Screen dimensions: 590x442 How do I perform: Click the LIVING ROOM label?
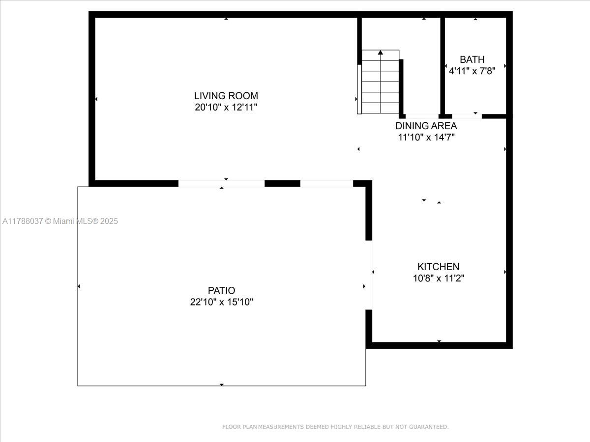226,96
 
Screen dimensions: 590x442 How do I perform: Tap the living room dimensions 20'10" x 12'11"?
226,108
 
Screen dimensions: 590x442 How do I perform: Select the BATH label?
472,59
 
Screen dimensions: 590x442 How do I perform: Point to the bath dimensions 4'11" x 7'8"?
472,71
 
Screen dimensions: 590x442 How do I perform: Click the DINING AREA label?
426,126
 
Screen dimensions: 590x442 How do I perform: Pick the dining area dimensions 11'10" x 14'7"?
426,138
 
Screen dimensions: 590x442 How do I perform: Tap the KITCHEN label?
439,267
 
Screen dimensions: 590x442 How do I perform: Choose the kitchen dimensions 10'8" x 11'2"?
439,278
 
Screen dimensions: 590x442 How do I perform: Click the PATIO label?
221,290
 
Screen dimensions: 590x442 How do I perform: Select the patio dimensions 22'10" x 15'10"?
221,302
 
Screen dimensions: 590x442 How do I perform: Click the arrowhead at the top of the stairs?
381,53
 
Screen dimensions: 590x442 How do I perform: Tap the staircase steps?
381,82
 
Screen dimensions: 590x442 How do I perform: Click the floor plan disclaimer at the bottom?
335,427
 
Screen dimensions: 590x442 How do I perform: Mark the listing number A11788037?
23,221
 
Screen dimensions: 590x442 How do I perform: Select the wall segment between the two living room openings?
282,184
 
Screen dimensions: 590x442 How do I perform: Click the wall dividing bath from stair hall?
442,66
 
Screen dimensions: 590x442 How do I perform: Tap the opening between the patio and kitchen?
369,275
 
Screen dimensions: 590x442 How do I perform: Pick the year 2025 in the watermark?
109,221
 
